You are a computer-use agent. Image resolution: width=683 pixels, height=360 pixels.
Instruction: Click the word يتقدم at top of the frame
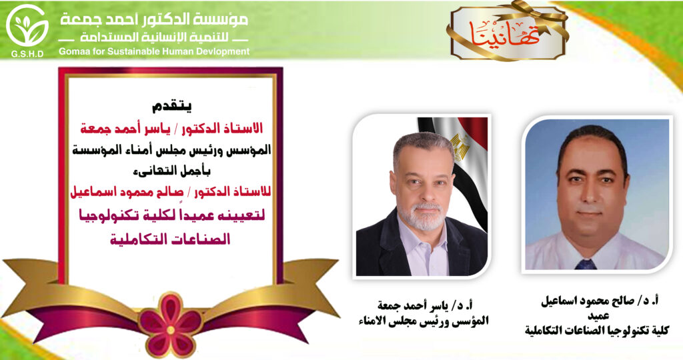coord(171,106)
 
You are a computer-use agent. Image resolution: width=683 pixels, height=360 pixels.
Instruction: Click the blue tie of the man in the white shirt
coord(586,264)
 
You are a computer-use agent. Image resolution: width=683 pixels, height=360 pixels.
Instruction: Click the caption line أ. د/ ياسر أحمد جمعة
coord(426,305)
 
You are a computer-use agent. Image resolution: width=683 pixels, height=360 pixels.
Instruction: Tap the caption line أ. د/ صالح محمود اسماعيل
coord(600,301)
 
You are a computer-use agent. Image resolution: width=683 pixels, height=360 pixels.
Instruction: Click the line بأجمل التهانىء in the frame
coord(171,171)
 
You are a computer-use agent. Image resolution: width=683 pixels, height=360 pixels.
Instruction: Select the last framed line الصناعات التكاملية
coord(170,239)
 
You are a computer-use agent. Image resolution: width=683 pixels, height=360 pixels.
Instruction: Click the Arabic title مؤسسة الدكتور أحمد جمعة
coord(154,19)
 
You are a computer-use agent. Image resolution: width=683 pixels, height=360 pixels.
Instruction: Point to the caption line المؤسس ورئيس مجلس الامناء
coord(427,321)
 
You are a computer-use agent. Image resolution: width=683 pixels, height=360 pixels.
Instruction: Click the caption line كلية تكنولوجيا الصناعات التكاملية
coord(597,331)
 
